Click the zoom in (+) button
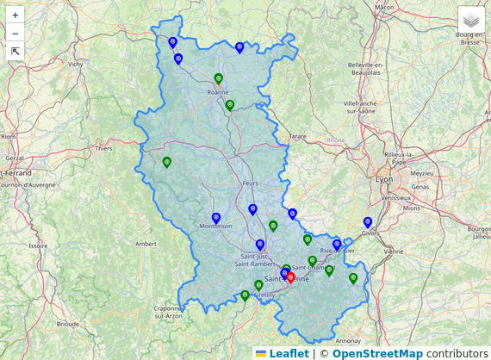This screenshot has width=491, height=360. [x=16, y=16]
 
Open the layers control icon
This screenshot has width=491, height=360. [x=471, y=20]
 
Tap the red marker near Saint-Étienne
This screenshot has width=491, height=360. [x=290, y=277]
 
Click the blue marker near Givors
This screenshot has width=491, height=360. [x=368, y=222]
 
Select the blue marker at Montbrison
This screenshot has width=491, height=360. [x=216, y=219]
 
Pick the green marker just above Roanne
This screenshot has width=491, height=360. [x=218, y=79]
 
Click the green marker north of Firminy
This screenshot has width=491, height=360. [x=258, y=285]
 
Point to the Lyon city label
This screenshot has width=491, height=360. [x=384, y=179]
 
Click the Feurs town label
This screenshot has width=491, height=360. [x=251, y=183]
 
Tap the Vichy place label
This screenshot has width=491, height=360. [x=76, y=64]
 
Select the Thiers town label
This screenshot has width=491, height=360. [x=104, y=148]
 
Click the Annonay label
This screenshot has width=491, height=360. [x=349, y=340]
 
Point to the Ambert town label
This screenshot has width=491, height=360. [x=146, y=244]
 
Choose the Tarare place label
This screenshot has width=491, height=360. [x=297, y=136]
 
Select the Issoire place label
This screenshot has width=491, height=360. [x=38, y=245]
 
